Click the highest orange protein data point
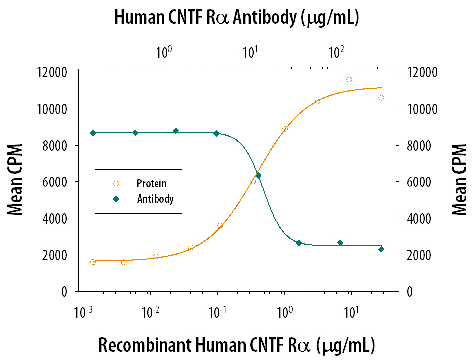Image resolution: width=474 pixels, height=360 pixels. pyautogui.click(x=349, y=79)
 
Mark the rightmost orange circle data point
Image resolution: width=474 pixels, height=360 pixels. pyautogui.click(x=381, y=98)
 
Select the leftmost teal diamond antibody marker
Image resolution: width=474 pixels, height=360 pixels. pyautogui.click(x=93, y=132)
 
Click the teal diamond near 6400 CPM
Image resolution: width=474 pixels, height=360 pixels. pyautogui.click(x=258, y=175)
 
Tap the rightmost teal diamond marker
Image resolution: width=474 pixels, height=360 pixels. pyautogui.click(x=381, y=249)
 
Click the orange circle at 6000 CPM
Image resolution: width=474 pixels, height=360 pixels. pyautogui.click(x=253, y=181)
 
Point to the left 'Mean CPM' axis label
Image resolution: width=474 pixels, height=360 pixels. pyautogui.click(x=16, y=180)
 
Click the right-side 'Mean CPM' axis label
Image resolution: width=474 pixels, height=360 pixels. pyautogui.click(x=459, y=180)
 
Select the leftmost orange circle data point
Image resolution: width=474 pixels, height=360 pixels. pyautogui.click(x=93, y=262)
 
